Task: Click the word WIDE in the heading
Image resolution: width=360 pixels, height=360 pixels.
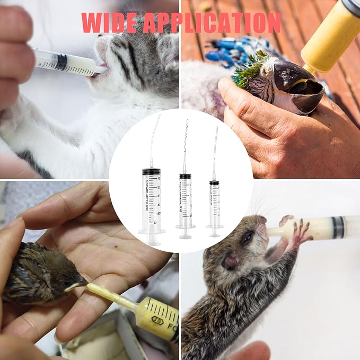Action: point(109,23)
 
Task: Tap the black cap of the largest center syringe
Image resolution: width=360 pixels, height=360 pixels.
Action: point(151,172)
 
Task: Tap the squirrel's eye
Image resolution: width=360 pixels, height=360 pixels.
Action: point(247,239)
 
